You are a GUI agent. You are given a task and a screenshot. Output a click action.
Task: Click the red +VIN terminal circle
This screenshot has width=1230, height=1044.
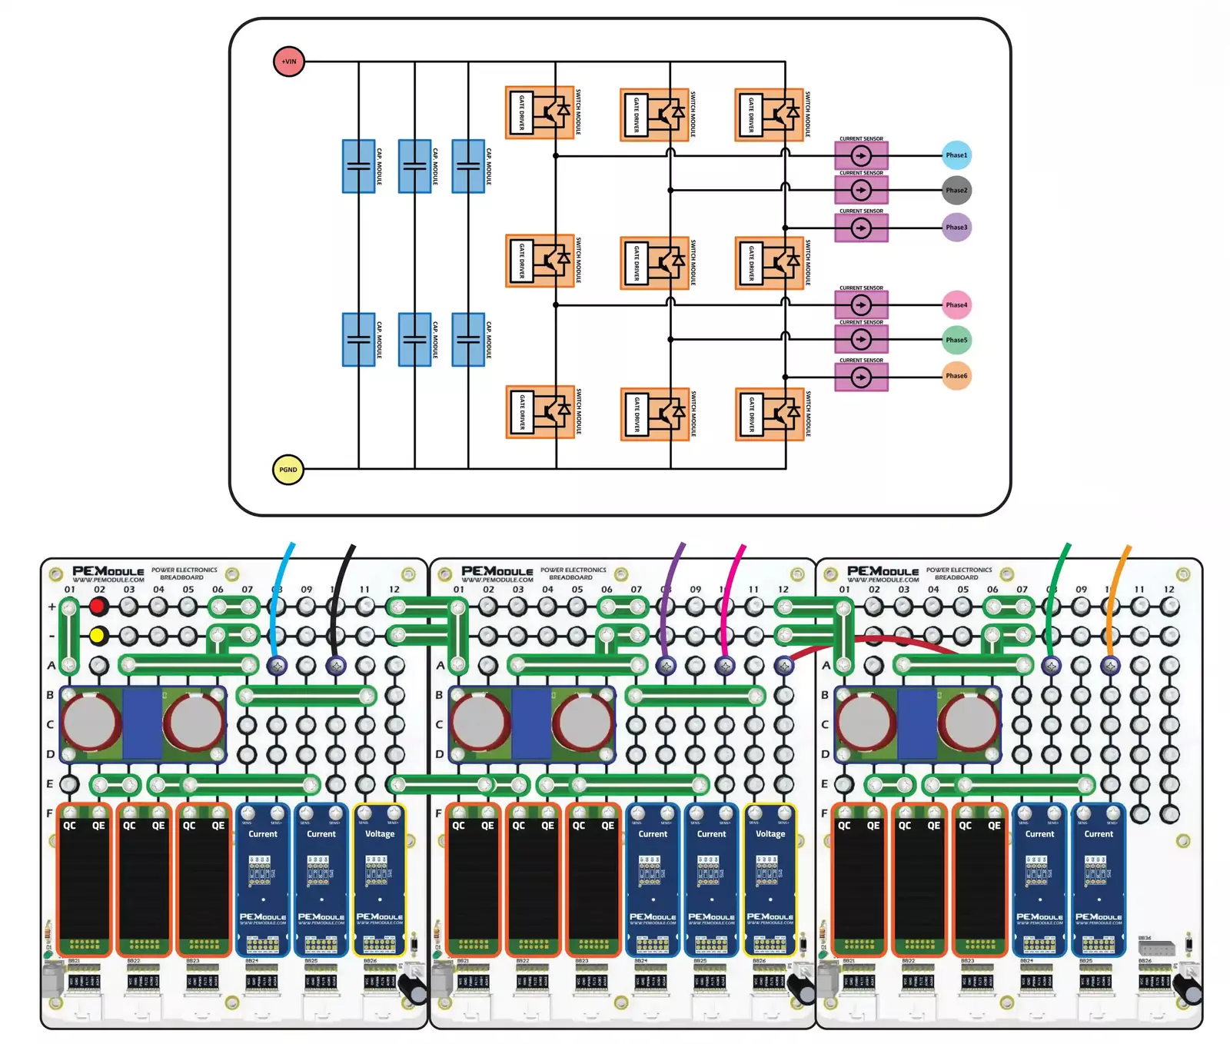click(289, 62)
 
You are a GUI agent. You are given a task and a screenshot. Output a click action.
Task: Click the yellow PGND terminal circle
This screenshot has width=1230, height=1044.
click(288, 470)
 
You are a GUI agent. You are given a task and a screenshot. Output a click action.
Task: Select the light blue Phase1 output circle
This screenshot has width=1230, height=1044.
click(956, 155)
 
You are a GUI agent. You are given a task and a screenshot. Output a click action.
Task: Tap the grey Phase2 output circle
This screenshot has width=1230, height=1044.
click(956, 190)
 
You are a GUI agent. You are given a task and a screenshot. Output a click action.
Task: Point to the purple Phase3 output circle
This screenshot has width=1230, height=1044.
click(956, 228)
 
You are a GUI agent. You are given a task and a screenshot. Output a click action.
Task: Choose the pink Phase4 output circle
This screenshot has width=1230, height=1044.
click(956, 305)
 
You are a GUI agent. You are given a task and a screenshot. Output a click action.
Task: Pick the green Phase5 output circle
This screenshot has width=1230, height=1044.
click(956, 340)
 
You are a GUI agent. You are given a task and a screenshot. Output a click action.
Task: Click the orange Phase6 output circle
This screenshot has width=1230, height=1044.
click(956, 376)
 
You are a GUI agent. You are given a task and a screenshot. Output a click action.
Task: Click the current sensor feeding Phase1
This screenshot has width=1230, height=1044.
click(861, 156)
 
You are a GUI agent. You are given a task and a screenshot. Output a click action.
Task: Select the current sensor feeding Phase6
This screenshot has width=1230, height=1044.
click(861, 377)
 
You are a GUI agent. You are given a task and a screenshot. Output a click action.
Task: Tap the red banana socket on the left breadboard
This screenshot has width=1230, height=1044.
click(98, 607)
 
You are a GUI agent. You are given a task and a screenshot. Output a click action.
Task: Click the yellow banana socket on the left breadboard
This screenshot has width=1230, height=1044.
click(98, 636)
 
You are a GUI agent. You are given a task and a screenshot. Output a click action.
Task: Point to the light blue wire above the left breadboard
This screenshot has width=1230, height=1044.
click(281, 584)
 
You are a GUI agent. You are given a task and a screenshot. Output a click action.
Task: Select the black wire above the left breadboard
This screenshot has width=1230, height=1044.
click(341, 584)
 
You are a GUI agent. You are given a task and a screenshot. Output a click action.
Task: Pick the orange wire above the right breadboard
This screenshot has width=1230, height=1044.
click(1115, 584)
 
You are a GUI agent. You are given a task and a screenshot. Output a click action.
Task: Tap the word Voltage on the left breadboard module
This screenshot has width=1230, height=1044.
click(380, 833)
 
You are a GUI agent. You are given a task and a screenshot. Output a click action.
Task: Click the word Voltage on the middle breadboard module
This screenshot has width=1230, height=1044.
click(770, 833)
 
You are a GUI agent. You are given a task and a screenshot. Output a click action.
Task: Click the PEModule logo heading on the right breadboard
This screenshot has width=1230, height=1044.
click(883, 572)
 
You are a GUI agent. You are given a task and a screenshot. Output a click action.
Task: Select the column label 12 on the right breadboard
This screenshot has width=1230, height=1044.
click(1168, 590)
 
